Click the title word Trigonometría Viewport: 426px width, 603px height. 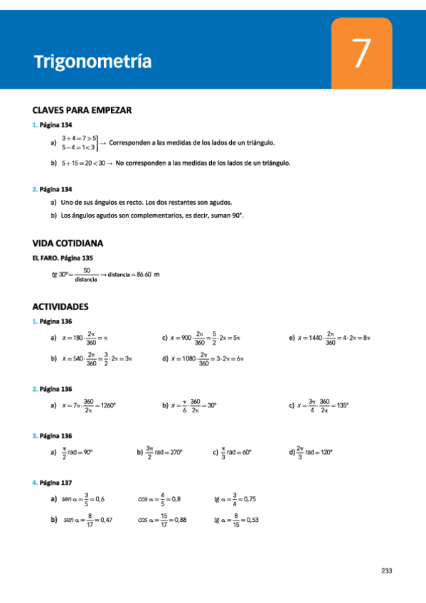[93, 62]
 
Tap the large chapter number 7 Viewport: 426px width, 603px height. [361, 54]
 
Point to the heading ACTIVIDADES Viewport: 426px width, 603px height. [60, 306]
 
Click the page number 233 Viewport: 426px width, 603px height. [387, 570]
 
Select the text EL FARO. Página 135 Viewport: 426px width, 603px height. [63, 257]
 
